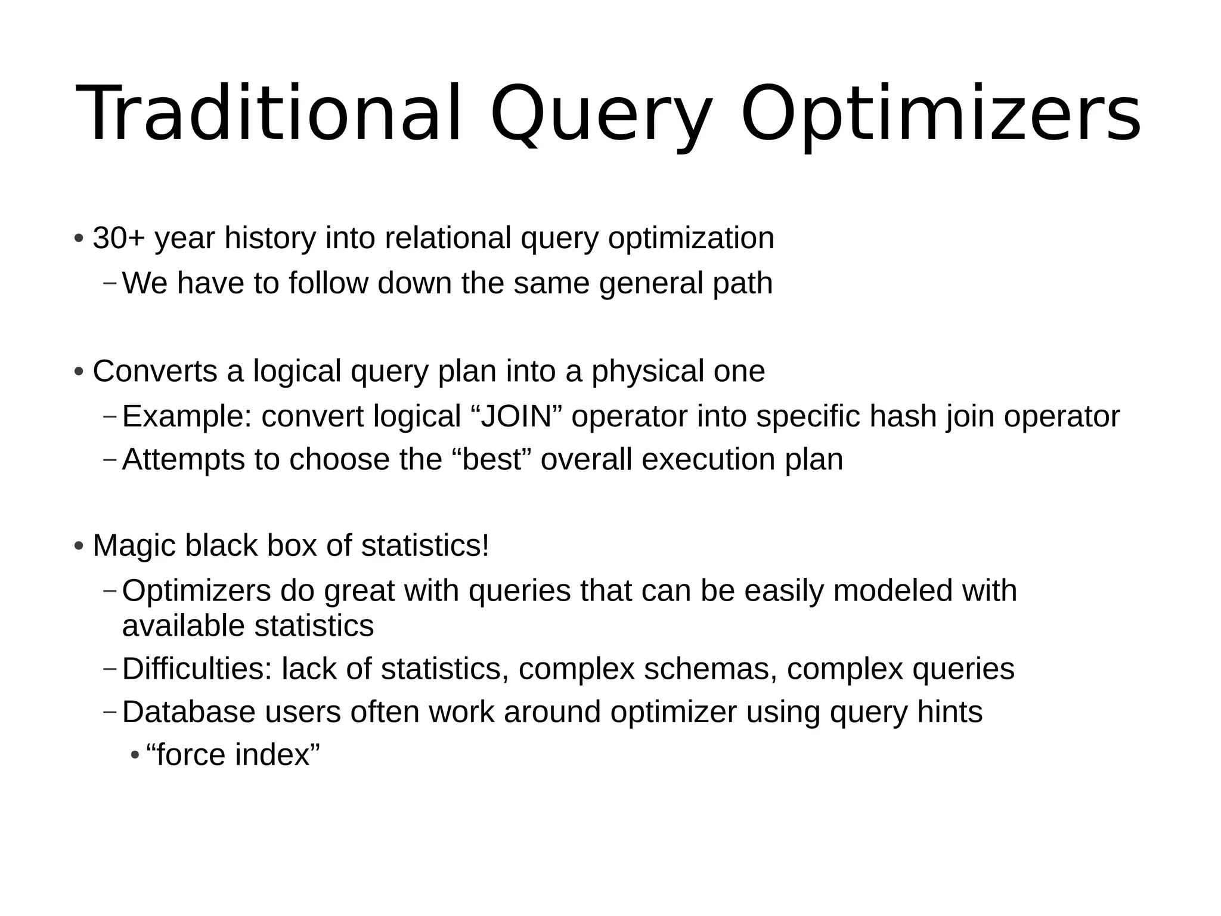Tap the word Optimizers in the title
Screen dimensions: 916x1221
[940, 113]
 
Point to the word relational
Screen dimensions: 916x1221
[448, 238]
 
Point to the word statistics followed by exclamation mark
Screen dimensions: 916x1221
[424, 545]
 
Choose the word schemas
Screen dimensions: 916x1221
[708, 669]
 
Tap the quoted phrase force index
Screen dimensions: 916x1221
[233, 754]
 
